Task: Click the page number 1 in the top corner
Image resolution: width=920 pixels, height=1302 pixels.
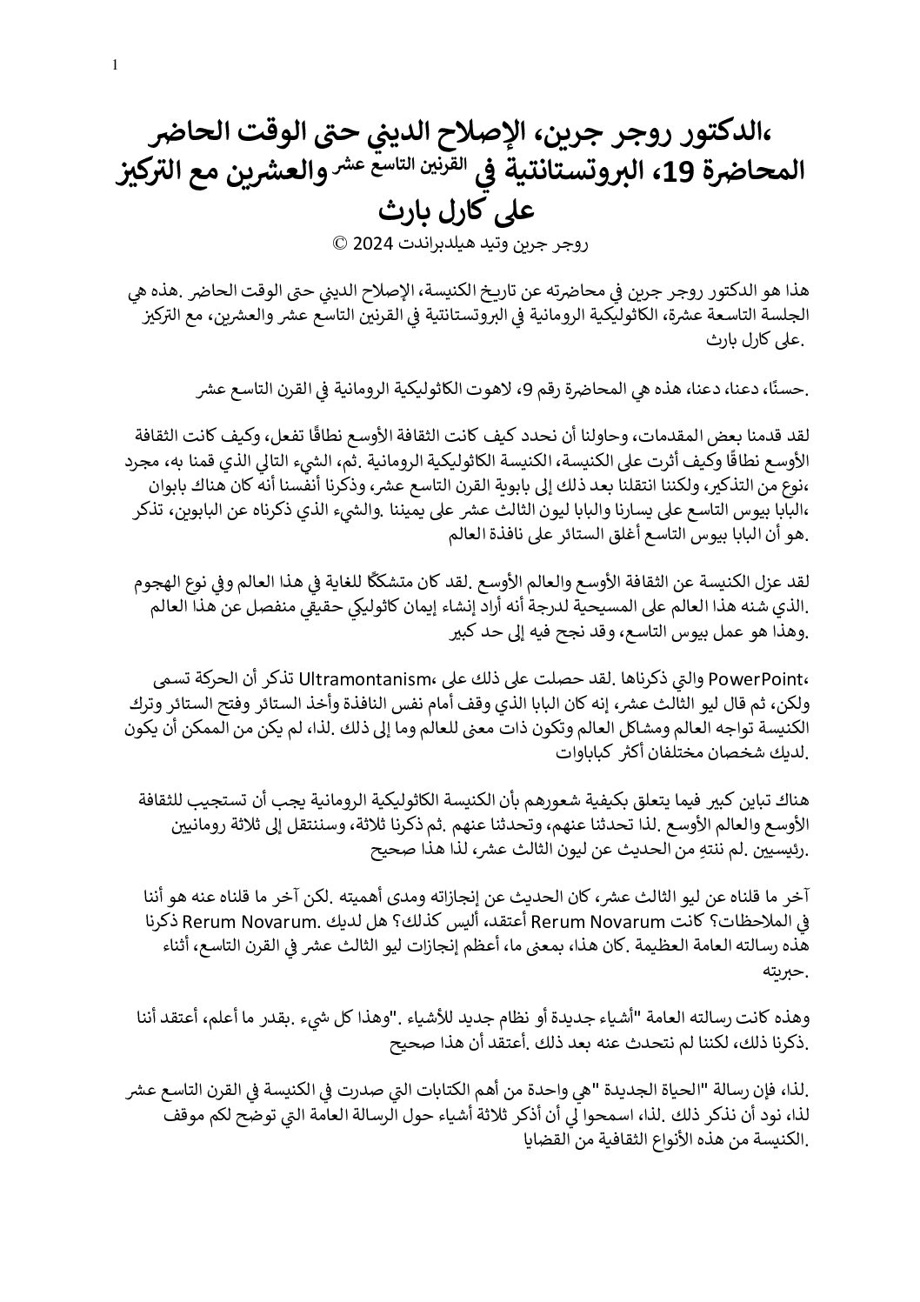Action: (x=116, y=64)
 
